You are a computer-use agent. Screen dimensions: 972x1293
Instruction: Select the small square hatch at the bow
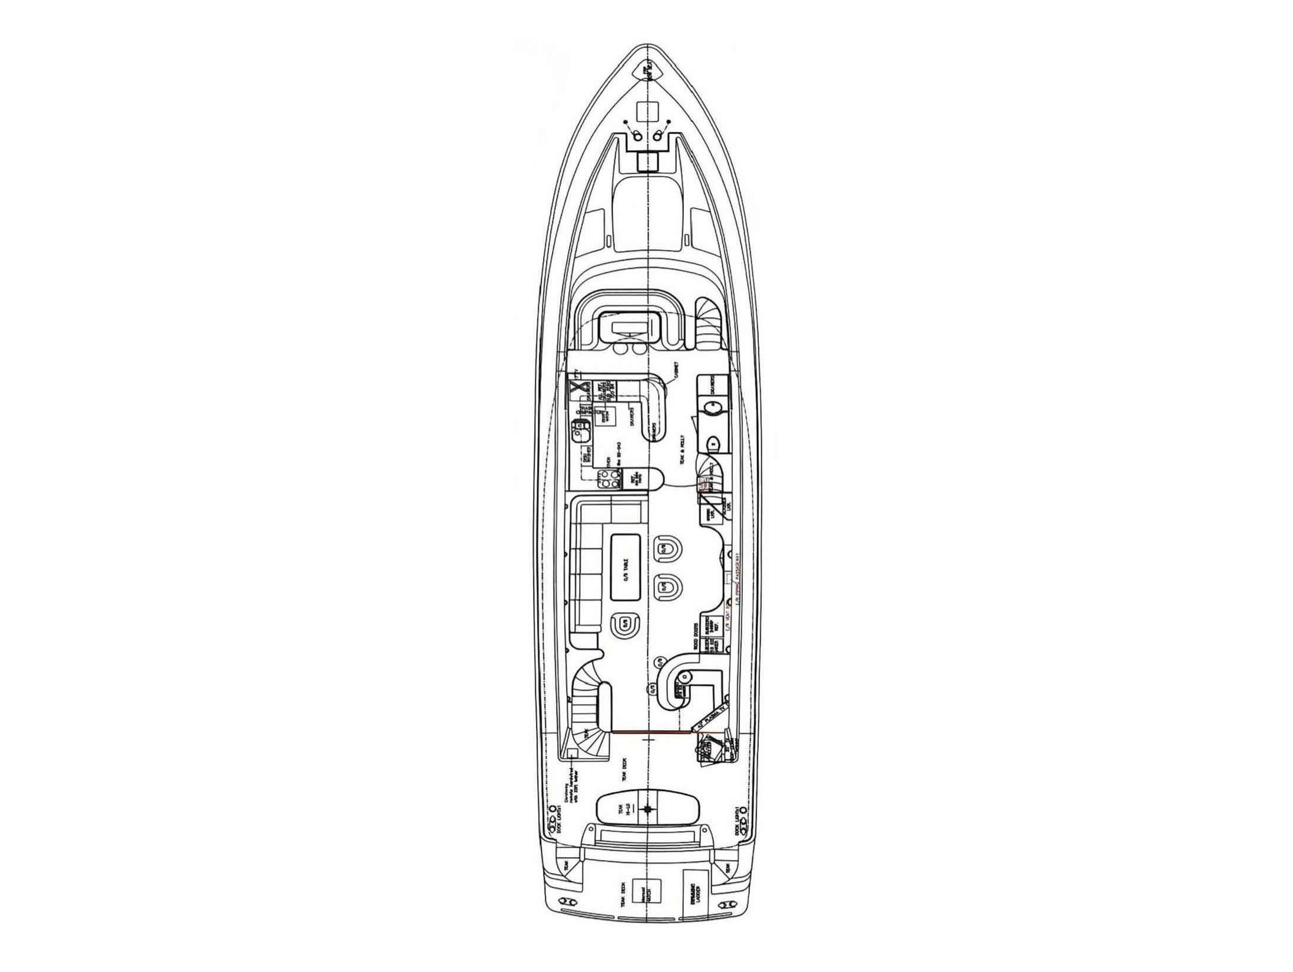647,111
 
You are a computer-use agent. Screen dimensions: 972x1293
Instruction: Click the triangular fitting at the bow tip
647,72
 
